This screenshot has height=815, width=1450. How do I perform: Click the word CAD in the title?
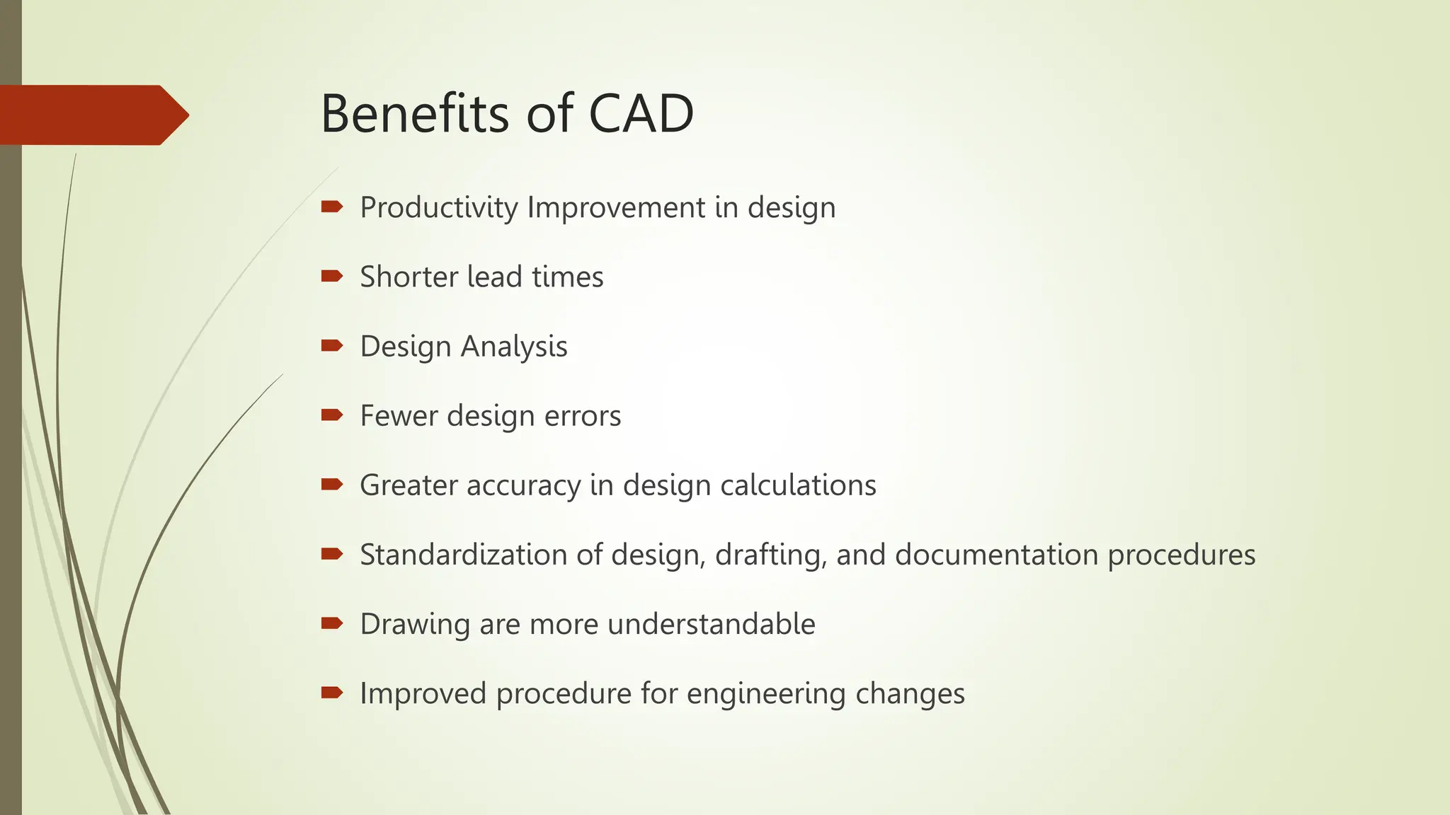point(641,114)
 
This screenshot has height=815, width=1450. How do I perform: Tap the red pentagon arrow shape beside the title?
point(92,115)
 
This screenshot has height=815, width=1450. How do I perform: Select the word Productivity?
point(439,208)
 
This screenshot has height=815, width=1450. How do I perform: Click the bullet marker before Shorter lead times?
point(331,276)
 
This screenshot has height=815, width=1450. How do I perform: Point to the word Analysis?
point(514,347)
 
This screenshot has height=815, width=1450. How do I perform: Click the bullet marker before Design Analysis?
point(331,345)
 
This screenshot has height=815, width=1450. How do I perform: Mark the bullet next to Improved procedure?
point(331,692)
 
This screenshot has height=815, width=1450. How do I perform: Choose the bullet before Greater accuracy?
point(331,484)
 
